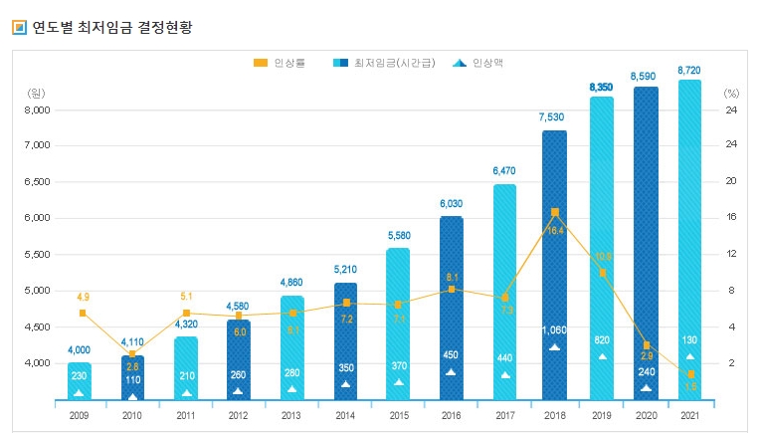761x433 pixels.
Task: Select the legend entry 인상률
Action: click(x=289, y=63)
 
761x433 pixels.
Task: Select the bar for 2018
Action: click(x=554, y=265)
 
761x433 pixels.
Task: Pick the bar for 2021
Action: click(x=688, y=239)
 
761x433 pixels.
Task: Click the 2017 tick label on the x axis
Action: click(x=503, y=415)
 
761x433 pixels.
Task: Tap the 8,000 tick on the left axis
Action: click(x=36, y=109)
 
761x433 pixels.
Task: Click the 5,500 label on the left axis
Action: click(x=36, y=255)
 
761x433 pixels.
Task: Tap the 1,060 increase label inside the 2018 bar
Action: click(x=554, y=330)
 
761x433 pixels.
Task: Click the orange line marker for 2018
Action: click(x=554, y=212)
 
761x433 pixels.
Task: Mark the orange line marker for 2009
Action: click(x=83, y=313)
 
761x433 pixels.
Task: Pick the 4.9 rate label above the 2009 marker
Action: click(x=83, y=297)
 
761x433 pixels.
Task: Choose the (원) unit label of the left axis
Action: click(x=36, y=92)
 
